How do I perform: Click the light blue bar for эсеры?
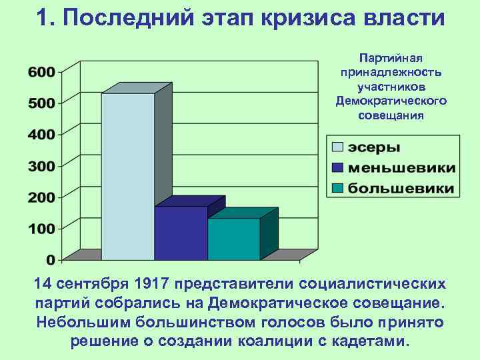pyautogui.click(x=128, y=177)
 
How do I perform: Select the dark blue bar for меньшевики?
pyautogui.click(x=181, y=233)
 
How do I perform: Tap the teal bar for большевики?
pyautogui.click(x=233, y=239)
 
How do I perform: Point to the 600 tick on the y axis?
pyautogui.click(x=41, y=72)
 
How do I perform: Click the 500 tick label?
pyautogui.click(x=41, y=103)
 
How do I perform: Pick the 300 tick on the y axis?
pyautogui.click(x=41, y=165)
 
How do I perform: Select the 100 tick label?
pyautogui.click(x=41, y=228)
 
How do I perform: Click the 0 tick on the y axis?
pyautogui.click(x=51, y=259)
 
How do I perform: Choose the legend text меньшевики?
pyautogui.click(x=403, y=167)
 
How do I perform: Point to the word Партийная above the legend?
pyautogui.click(x=391, y=57)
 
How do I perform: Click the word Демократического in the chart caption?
pyautogui.click(x=391, y=101)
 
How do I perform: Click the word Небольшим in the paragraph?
pyautogui.click(x=77, y=322)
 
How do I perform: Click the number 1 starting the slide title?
pyautogui.click(x=44, y=18)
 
